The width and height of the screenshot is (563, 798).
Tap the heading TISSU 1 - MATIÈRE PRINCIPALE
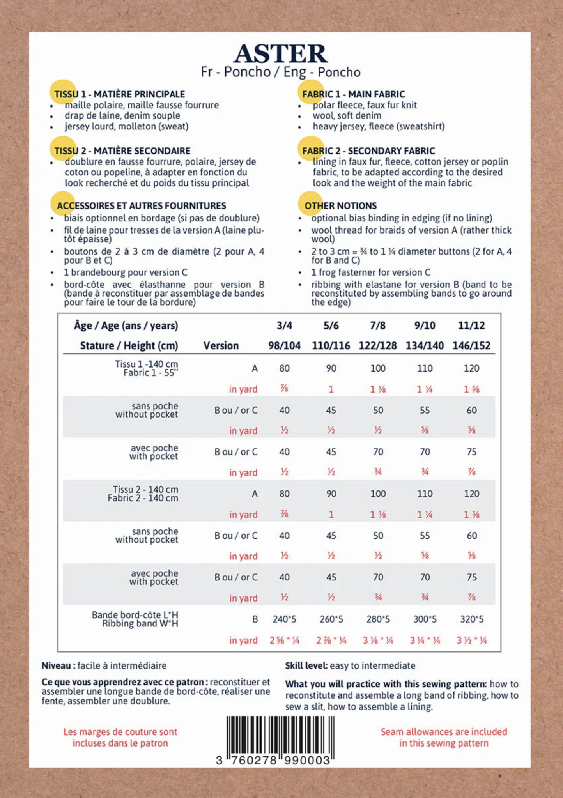(119, 94)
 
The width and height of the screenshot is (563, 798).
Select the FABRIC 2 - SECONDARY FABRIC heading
(368, 151)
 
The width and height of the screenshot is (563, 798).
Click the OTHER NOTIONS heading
(340, 206)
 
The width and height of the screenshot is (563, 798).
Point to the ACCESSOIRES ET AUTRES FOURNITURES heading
(141, 206)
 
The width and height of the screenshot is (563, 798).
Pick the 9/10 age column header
(425, 326)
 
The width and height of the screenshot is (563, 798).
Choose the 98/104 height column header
(284, 346)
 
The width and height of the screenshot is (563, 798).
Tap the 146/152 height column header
(471, 346)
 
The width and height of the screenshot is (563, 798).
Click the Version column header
(221, 346)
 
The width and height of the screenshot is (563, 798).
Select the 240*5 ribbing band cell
(284, 619)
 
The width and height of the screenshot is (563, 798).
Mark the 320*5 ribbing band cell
(471, 619)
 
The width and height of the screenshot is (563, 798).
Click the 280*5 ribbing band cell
(378, 619)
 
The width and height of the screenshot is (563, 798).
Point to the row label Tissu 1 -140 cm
(146, 364)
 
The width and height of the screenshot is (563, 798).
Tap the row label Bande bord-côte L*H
(135, 615)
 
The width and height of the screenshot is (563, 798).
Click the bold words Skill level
(306, 665)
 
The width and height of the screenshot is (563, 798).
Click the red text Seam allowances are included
(444, 732)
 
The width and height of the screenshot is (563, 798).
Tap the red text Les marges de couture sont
(120, 732)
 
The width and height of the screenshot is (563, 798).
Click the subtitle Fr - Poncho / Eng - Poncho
(280, 72)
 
